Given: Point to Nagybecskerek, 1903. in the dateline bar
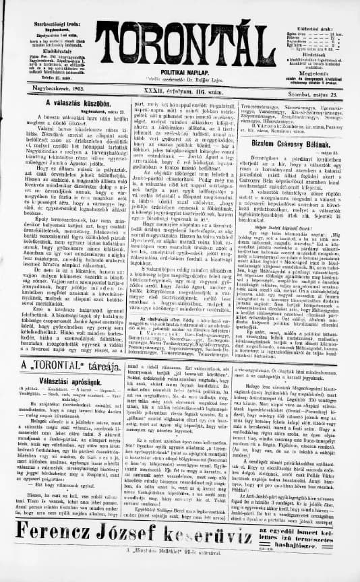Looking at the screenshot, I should point(42,89).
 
